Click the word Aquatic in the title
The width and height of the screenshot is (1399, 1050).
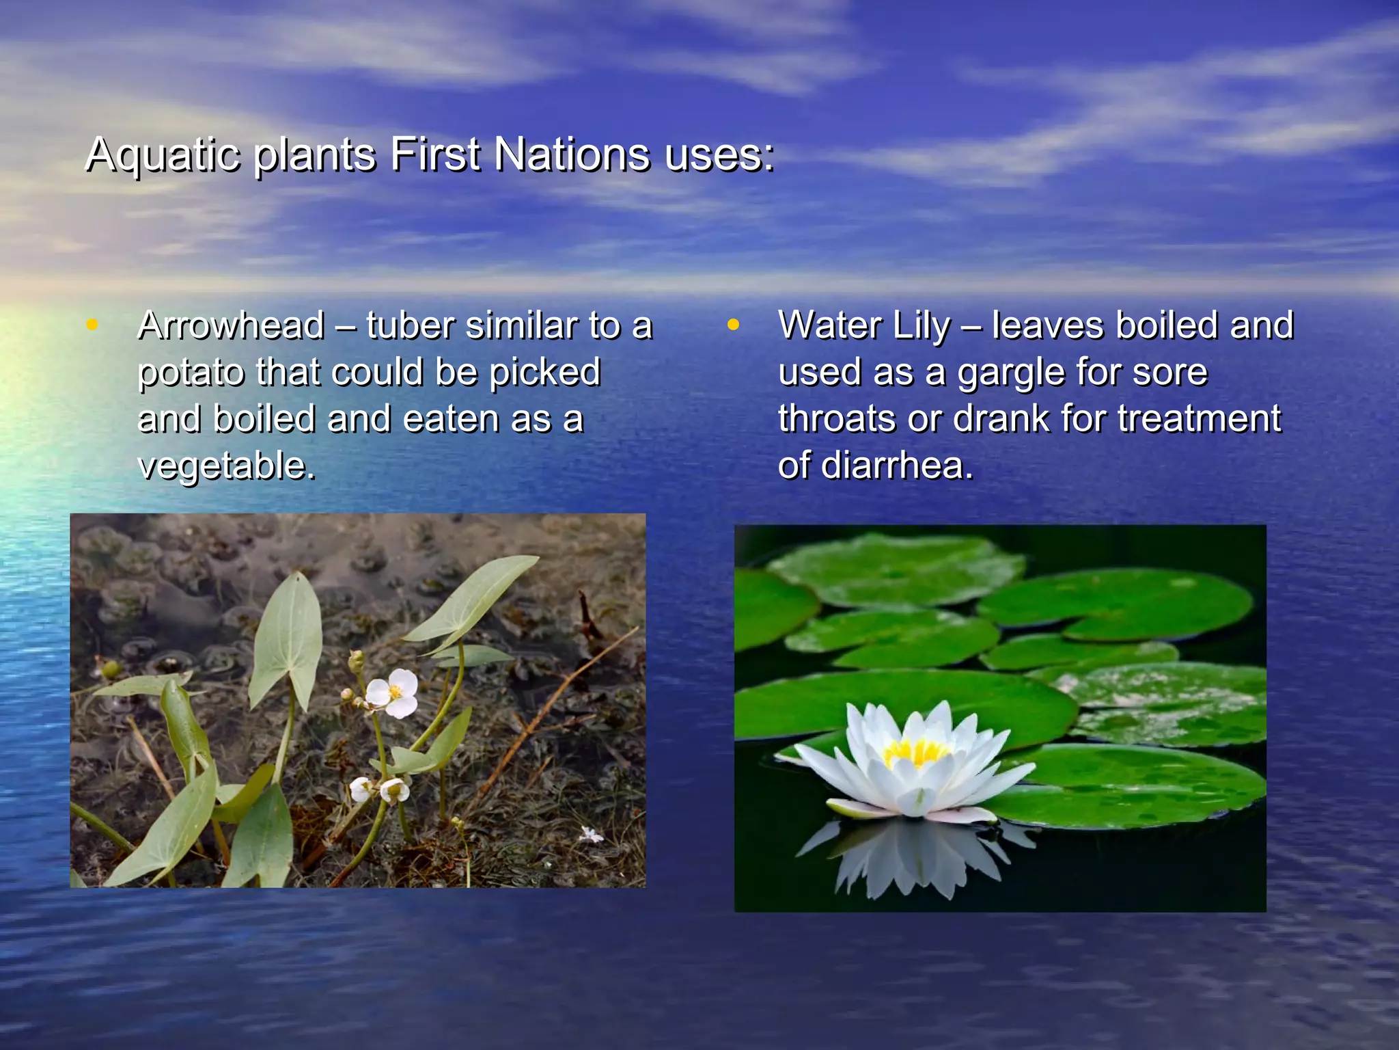(163, 154)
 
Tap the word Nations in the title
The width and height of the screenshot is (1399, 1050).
(571, 154)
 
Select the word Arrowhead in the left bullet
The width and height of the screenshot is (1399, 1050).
(231, 325)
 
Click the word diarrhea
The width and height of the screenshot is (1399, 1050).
(896, 466)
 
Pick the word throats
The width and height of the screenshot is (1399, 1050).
(837, 419)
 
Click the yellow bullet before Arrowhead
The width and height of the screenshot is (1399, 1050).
(92, 325)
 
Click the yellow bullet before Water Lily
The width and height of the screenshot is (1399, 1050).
(732, 325)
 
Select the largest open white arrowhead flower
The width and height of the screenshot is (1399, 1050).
(393, 692)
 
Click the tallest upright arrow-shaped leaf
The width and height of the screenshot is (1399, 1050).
(287, 639)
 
